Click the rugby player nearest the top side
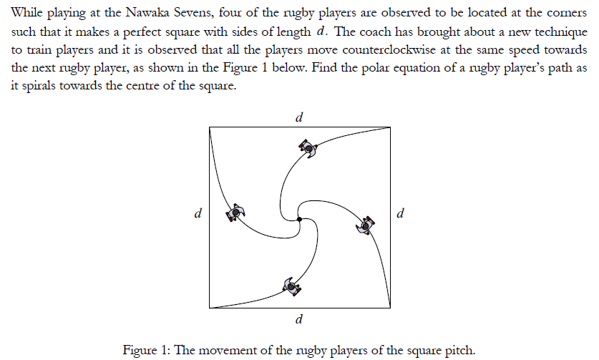click(308, 147)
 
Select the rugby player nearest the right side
click(365, 225)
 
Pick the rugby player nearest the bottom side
click(291, 286)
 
